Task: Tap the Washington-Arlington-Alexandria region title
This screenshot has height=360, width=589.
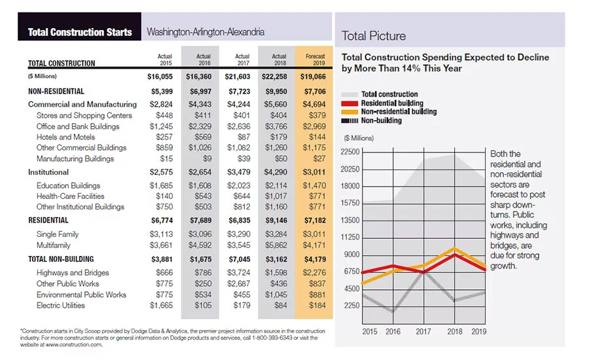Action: [x=205, y=32]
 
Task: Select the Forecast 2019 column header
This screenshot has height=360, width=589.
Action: [x=315, y=60]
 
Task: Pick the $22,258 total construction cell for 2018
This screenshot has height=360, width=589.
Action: [x=275, y=77]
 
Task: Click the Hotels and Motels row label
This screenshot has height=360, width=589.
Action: [x=65, y=137]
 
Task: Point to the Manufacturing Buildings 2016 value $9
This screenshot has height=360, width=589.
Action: [x=207, y=158]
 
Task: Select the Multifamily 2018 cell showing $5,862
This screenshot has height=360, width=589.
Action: [x=276, y=245]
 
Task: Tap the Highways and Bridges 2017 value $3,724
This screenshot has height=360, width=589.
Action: [x=238, y=273]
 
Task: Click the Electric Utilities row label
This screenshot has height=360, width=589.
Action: [x=60, y=306]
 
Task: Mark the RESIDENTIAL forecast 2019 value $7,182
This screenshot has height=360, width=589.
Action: [x=315, y=221]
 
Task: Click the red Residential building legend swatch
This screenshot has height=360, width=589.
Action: [x=349, y=103]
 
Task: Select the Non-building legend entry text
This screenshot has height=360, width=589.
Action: [x=382, y=120]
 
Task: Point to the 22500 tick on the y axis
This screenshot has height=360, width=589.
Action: [x=350, y=152]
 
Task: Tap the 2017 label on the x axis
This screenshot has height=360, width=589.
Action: [x=423, y=332]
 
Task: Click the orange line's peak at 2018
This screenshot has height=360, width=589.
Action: [x=455, y=248]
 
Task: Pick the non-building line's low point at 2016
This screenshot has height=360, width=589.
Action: [x=393, y=311]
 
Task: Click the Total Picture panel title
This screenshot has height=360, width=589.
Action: [x=374, y=36]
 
